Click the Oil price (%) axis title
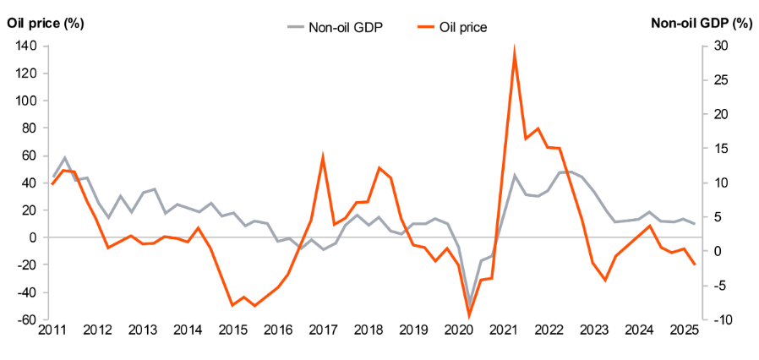click(45, 23)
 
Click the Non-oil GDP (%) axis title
click(701, 23)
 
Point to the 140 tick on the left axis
click(24, 46)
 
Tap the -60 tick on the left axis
click(24, 320)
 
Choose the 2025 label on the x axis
click(684, 330)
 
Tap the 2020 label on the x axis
click(457, 330)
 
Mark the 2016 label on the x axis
click(277, 330)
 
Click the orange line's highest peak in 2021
click(515, 52)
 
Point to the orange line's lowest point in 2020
click(469, 315)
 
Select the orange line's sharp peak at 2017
click(323, 157)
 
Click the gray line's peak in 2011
click(65, 158)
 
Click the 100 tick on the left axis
click(24, 101)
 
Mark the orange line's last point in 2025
click(695, 265)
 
